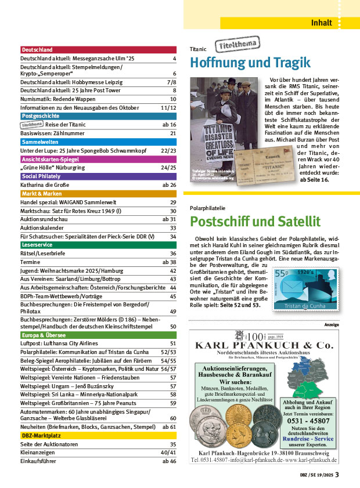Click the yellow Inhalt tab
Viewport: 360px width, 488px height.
322,23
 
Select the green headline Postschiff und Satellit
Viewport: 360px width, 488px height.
255,221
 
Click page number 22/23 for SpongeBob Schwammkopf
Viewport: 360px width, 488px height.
168,151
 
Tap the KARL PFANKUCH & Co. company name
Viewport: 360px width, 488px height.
264,346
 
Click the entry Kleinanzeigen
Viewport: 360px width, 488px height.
39,452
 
